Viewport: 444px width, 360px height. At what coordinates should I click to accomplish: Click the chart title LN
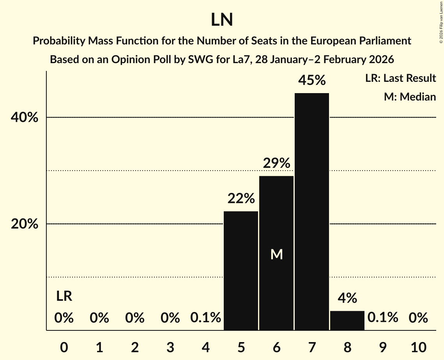222,20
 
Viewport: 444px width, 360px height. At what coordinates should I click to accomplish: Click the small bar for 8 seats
347,320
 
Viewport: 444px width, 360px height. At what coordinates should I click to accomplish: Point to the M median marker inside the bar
276,254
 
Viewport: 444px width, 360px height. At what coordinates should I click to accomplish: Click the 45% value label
312,81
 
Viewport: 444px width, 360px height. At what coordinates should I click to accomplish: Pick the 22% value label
241,199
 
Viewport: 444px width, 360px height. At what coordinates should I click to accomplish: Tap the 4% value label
347,298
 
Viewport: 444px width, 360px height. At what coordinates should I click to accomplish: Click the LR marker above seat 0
64,296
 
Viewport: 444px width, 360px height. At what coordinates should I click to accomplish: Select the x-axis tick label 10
418,347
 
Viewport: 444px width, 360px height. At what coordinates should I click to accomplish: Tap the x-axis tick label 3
170,347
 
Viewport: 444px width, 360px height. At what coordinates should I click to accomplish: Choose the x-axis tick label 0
64,347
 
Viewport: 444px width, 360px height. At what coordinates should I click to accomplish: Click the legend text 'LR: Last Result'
400,78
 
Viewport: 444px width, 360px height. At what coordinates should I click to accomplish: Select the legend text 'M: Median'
410,97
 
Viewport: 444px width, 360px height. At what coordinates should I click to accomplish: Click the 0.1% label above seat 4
206,318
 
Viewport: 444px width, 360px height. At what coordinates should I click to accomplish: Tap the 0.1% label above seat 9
383,318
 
